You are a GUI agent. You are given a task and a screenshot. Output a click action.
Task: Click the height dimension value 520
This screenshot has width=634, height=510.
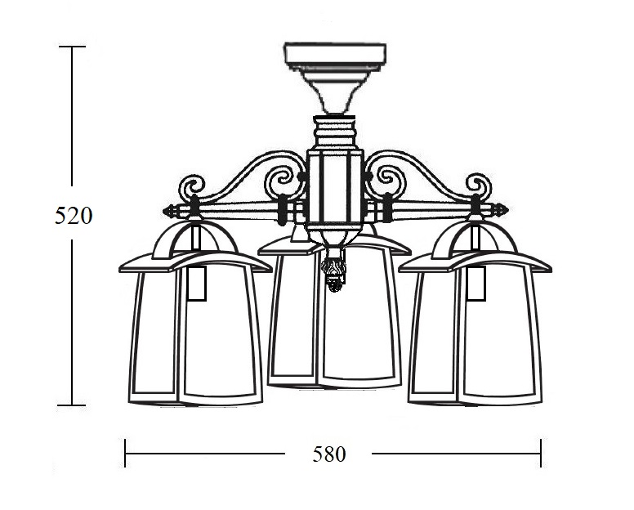pos(74,216)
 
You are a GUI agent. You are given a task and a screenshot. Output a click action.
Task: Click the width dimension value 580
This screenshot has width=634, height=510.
pos(329,454)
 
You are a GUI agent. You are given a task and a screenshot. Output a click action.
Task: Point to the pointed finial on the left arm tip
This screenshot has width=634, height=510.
pos(170,211)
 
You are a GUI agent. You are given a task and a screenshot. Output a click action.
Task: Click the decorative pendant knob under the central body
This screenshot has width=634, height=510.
pos(333,269)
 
